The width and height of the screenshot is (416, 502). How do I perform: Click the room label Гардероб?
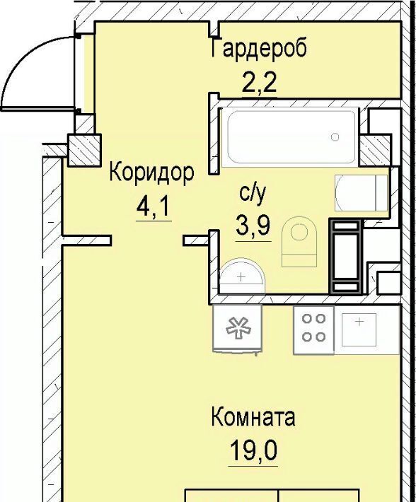259,48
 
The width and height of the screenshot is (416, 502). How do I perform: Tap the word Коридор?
151,173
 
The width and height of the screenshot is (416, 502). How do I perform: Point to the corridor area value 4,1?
153,208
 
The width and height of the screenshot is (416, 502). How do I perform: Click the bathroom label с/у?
253,194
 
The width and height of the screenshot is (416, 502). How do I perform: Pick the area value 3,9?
253,226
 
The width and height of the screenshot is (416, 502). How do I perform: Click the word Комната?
253,417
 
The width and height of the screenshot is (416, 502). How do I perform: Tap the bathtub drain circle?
335,137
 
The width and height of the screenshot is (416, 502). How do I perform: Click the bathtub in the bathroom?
289,137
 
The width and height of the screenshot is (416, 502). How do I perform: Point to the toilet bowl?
299,242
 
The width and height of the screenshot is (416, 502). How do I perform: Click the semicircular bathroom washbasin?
242,276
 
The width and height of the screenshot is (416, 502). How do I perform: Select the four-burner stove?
314,329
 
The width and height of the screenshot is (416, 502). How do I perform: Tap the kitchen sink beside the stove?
359,329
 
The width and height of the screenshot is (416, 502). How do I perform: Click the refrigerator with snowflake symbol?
237,329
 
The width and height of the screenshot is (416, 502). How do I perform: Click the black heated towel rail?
346,256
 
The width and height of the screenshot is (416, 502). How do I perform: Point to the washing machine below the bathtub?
362,193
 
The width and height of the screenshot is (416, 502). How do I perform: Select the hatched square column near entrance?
84,150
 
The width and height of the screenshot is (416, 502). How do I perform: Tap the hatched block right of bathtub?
375,150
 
